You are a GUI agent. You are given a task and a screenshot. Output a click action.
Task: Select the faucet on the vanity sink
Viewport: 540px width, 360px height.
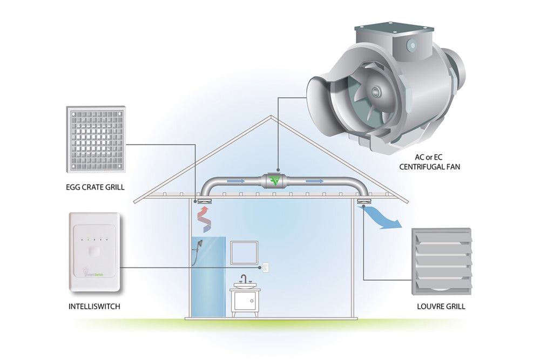click(244, 279)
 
